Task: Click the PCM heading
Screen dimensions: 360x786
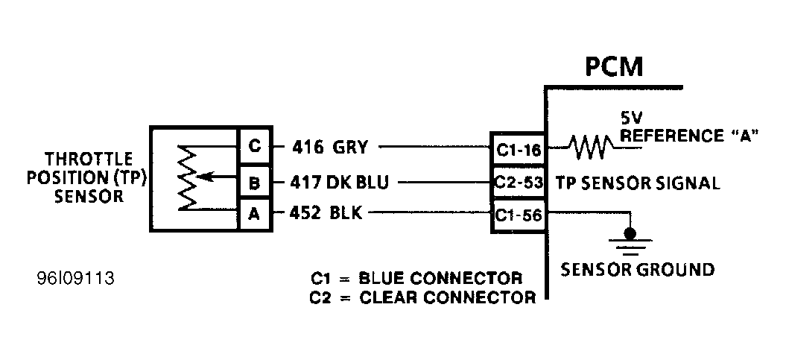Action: [x=612, y=68]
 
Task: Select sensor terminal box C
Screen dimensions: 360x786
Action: [x=254, y=147]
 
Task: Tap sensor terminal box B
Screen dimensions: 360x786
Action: [x=254, y=180]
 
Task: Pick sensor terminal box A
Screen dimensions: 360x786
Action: [x=254, y=214]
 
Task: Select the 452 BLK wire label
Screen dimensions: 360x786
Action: [x=326, y=214]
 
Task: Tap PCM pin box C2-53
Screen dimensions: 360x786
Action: [x=518, y=183]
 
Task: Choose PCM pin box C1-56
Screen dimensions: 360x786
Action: [x=518, y=215]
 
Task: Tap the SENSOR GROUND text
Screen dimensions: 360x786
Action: [x=638, y=269]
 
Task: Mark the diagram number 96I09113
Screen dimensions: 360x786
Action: [x=75, y=280]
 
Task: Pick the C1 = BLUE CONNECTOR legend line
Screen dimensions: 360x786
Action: [x=416, y=279]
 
